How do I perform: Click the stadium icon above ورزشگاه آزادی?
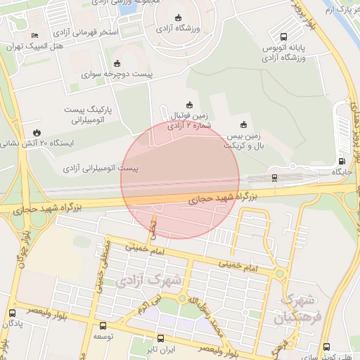pyautogui.click(x=177, y=18)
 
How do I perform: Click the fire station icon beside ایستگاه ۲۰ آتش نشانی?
pyautogui.click(x=35, y=131)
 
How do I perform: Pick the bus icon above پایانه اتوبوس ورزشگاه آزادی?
pyautogui.click(x=283, y=37)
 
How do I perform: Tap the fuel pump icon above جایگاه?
pyautogui.click(x=342, y=161)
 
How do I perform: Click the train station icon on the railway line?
pyautogui.click(x=274, y=177)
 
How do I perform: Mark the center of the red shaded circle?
pyautogui.click(x=180, y=180)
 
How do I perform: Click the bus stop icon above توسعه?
pyautogui.click(x=103, y=326)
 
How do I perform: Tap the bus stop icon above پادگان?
pyautogui.click(x=12, y=313)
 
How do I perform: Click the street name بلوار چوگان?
pyautogui.click(x=26, y=240)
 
